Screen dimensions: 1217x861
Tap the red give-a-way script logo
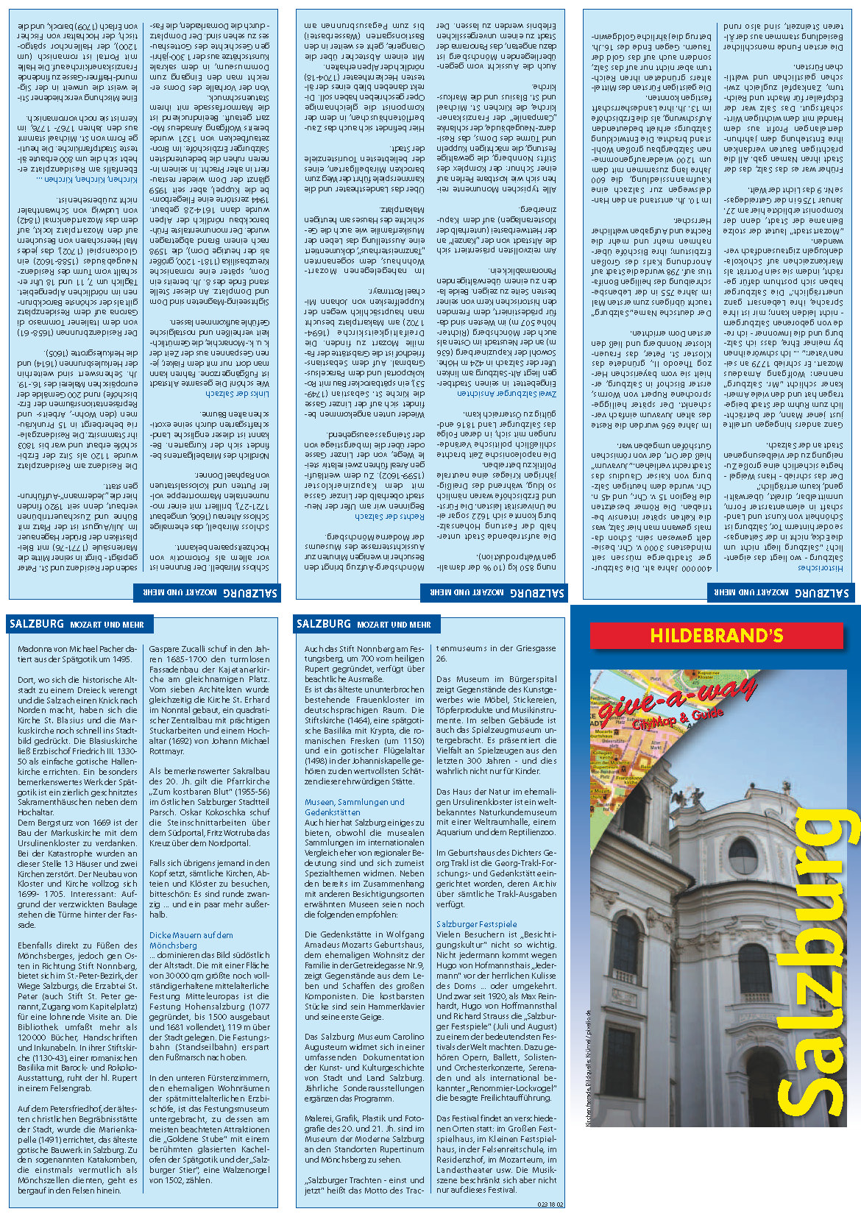(x=677, y=700)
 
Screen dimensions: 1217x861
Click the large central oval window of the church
(x=743, y=854)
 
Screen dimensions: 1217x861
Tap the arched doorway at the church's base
(x=766, y=1090)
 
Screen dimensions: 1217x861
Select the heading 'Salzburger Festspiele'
(x=476, y=923)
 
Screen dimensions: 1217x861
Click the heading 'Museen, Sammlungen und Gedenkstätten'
(x=354, y=806)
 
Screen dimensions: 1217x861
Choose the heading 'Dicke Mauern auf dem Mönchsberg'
(x=191, y=940)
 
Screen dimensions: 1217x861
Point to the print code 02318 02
(x=550, y=1204)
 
